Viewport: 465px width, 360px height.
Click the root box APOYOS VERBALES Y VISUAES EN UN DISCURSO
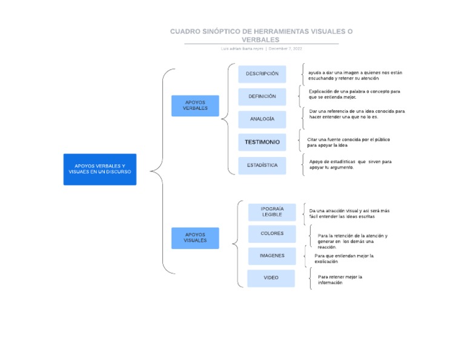click(x=100, y=169)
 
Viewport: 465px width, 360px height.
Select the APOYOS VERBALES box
click(x=195, y=105)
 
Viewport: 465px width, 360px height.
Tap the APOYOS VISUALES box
click(x=195, y=238)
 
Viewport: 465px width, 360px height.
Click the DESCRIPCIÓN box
click(x=262, y=74)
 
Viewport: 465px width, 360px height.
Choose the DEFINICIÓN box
click(x=262, y=96)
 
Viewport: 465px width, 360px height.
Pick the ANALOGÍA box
click(x=262, y=119)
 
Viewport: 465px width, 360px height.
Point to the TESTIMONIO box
click(x=262, y=142)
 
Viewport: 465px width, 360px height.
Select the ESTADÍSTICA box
click(x=262, y=165)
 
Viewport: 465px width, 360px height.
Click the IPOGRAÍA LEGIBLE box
click(x=272, y=212)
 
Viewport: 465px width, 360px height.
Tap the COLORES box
click(x=272, y=234)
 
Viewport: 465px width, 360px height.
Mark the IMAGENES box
click(x=272, y=256)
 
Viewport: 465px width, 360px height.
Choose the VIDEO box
click(x=271, y=278)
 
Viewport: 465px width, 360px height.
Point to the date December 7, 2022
click(x=285, y=48)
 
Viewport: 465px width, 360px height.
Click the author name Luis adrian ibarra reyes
click(x=242, y=48)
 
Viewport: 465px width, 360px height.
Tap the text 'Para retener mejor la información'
click(x=340, y=279)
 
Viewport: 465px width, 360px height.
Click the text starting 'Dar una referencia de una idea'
click(x=357, y=114)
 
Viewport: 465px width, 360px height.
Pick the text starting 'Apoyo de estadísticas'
click(x=350, y=164)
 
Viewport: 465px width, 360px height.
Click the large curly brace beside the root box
click(x=159, y=171)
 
